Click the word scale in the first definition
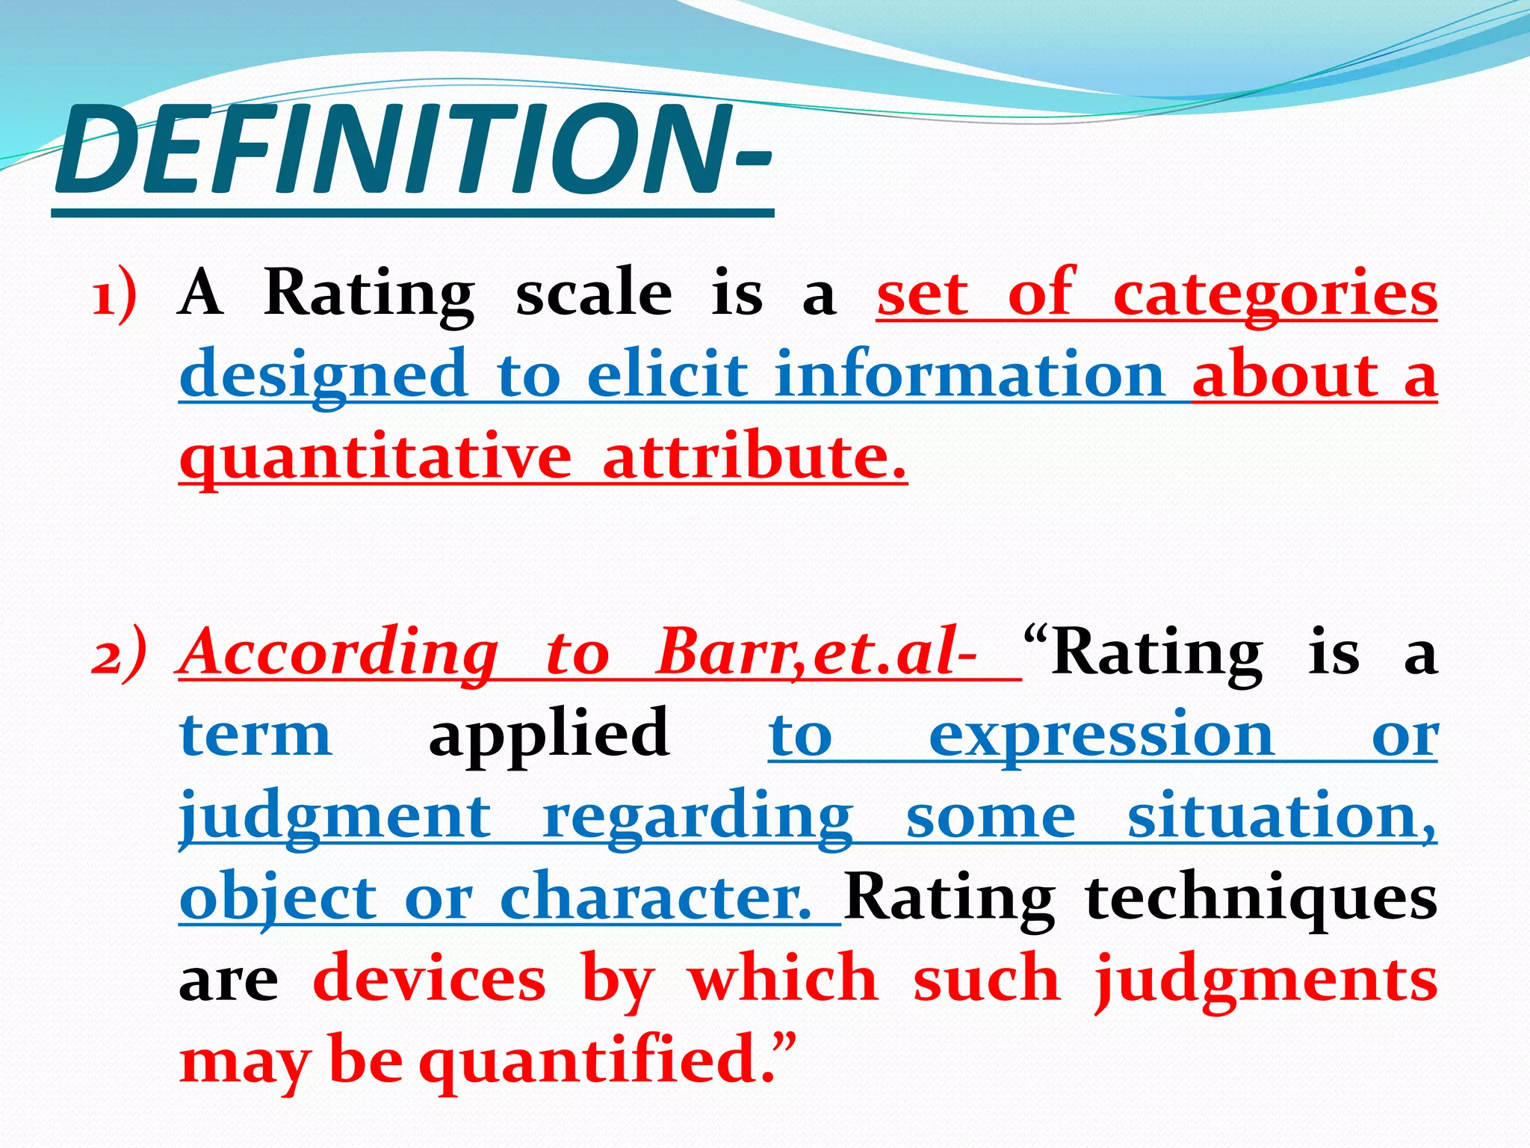(x=593, y=293)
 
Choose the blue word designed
(x=323, y=375)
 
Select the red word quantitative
(x=375, y=457)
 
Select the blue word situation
(x=1280, y=816)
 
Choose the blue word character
(x=654, y=897)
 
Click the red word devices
(x=430, y=979)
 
